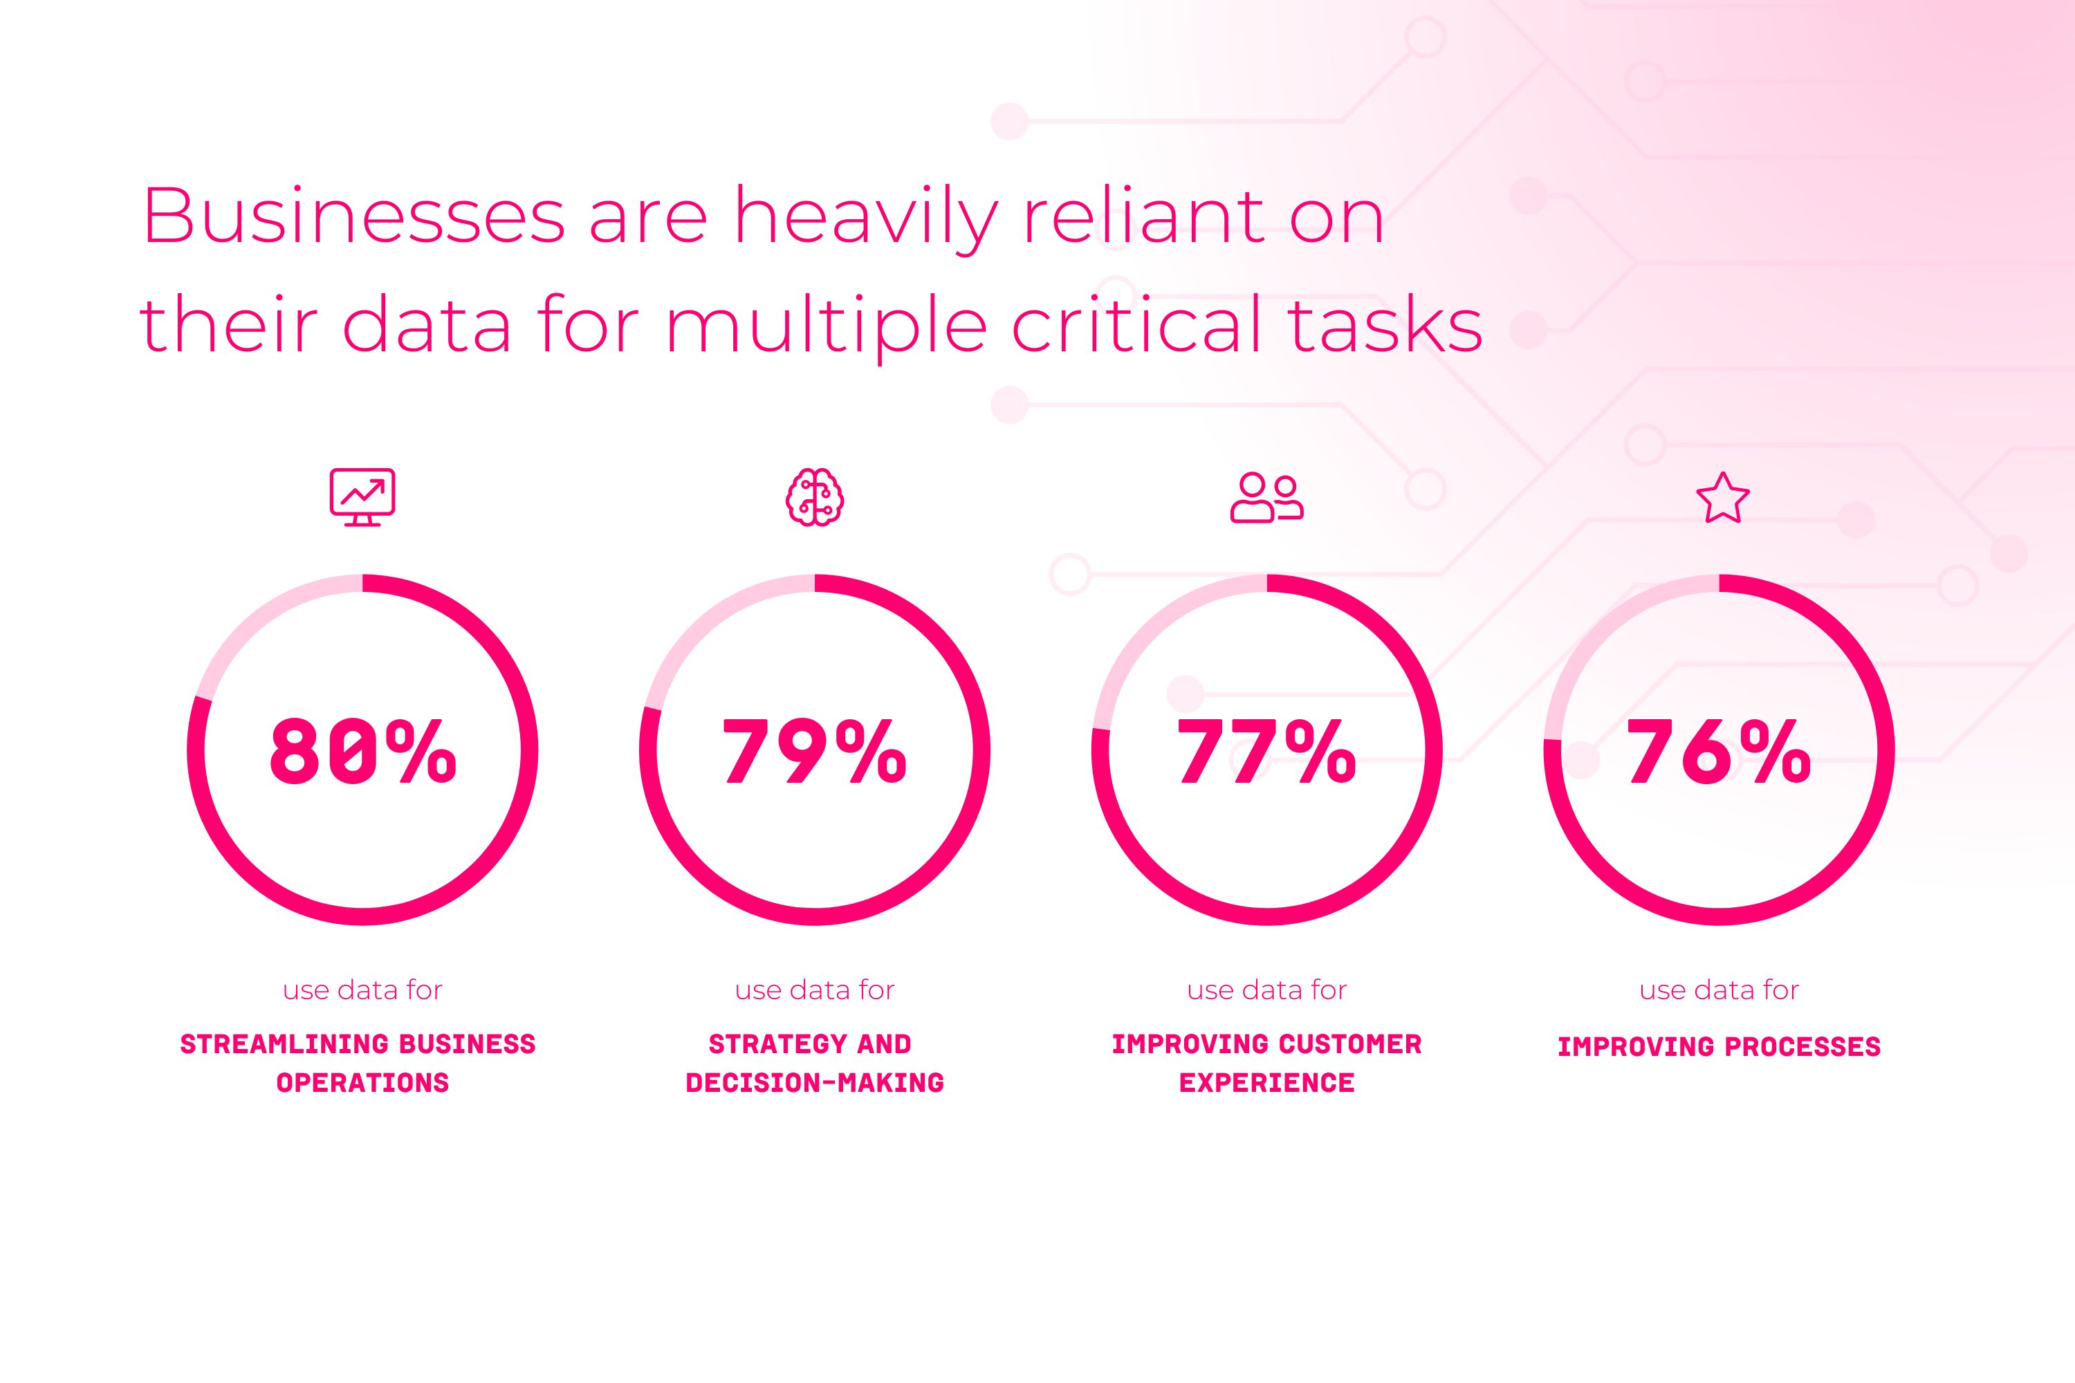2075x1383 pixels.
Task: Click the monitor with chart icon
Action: pos(362,497)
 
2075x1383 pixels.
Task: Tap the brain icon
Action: pos(814,497)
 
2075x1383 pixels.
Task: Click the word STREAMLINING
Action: pos(283,1044)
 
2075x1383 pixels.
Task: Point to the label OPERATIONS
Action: pos(362,1083)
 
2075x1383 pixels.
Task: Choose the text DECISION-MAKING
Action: pos(814,1083)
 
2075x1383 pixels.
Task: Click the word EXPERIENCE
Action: pos(1267,1083)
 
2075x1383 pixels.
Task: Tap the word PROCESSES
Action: pos(1802,1047)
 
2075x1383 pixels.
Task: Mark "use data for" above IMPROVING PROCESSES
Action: pos(1719,990)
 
